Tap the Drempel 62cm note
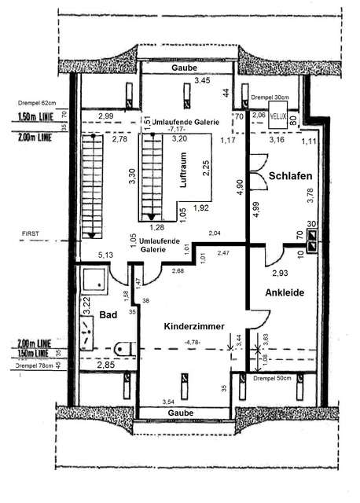pos(35,103)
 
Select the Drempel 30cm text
pos(270,98)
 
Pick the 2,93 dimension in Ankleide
pos(281,273)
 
